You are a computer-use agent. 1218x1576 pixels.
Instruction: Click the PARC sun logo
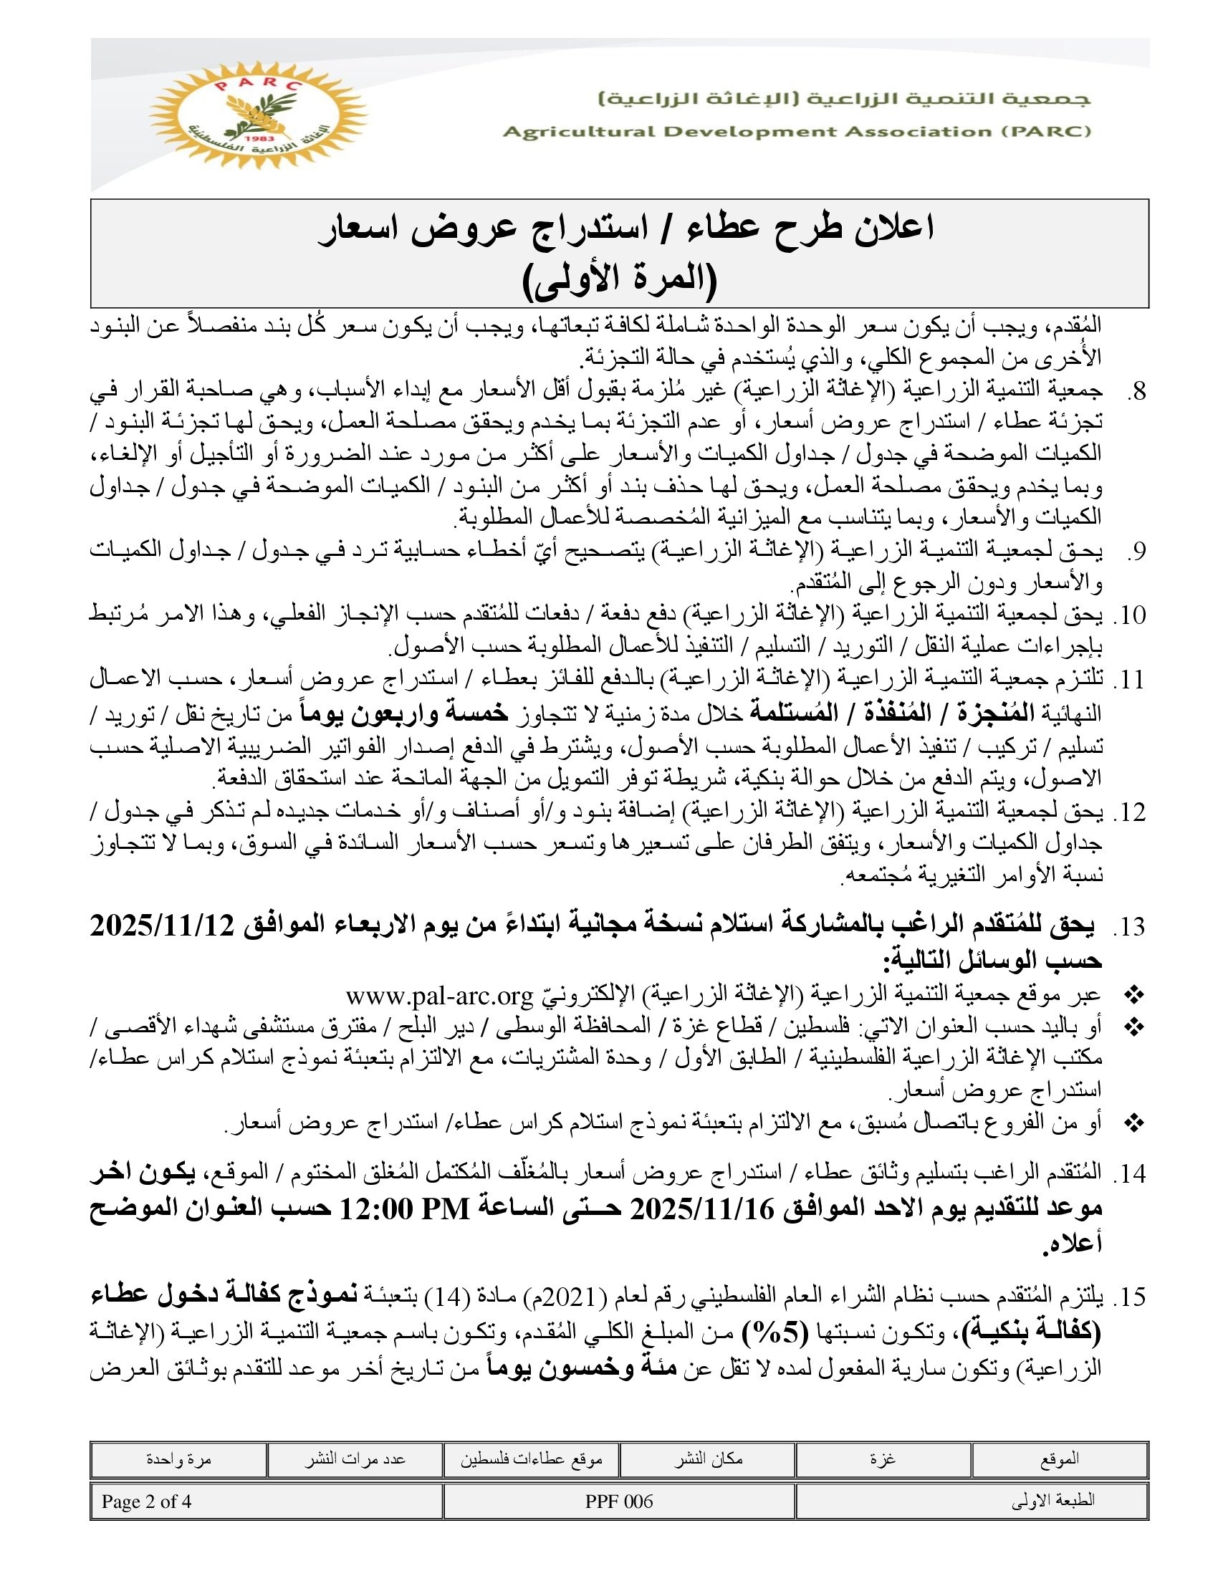258,115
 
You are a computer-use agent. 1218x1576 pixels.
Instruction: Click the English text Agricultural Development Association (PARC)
797,131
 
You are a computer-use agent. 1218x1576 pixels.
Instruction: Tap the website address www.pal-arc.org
438,996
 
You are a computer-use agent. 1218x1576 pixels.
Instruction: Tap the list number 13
1130,928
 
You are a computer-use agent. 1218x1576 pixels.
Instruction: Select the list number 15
1130,1298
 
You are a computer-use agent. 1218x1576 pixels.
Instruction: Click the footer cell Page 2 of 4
146,1501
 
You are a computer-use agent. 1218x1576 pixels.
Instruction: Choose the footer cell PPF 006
619,1501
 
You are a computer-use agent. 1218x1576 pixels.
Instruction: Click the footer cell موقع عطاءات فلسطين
532,1460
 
